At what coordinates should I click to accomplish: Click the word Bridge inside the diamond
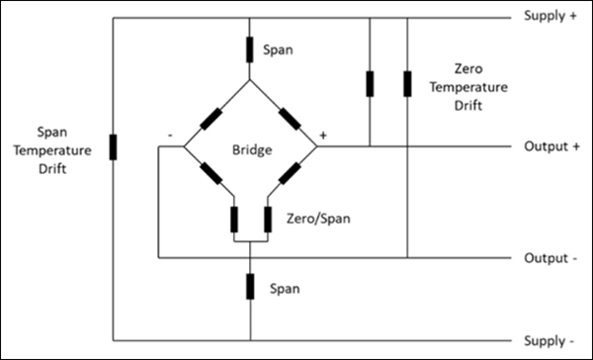pyautogui.click(x=251, y=149)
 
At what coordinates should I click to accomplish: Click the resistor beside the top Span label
pyautogui.click(x=250, y=47)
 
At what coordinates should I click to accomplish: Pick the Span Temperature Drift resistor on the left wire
pyautogui.click(x=111, y=149)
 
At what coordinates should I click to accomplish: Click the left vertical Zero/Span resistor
pyautogui.click(x=233, y=218)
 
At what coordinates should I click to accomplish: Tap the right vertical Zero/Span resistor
pyautogui.click(x=267, y=218)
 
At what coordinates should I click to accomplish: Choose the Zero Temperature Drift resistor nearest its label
pyautogui.click(x=407, y=84)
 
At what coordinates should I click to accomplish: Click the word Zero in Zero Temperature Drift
pyautogui.click(x=467, y=70)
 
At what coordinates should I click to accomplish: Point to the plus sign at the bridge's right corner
pyautogui.click(x=321, y=134)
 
